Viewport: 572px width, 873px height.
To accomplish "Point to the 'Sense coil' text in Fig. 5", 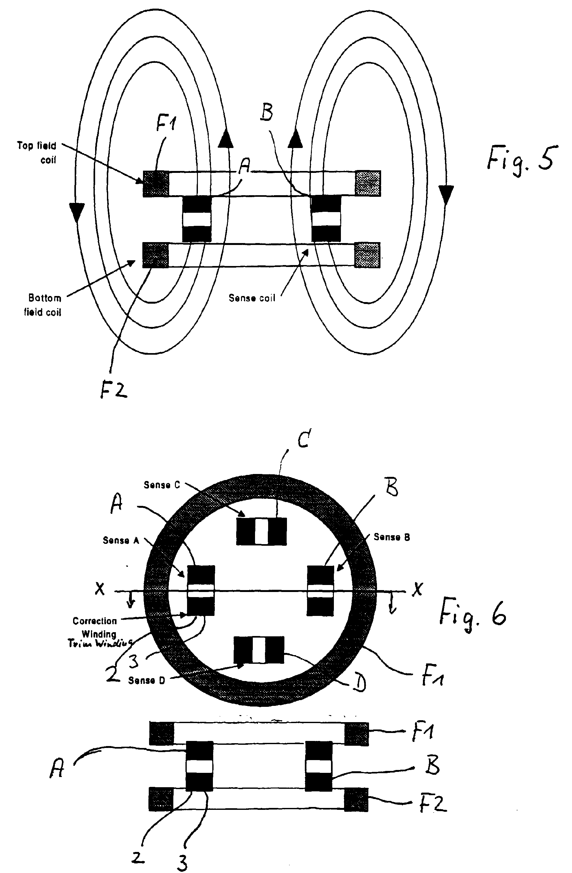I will pos(252,298).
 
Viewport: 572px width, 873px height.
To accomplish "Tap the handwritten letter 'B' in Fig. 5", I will pos(267,112).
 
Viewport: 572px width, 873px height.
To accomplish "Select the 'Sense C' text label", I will pos(162,485).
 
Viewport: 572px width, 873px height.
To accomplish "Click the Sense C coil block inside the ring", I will pos(261,531).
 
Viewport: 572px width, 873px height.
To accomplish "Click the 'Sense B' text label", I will pos(391,537).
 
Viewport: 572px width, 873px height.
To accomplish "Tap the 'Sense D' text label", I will pos(147,680).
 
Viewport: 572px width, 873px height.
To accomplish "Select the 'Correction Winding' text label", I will pos(95,627).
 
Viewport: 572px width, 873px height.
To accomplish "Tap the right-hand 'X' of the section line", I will pos(417,589).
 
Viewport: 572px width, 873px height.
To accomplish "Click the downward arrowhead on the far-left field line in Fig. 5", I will pos(76,212).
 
